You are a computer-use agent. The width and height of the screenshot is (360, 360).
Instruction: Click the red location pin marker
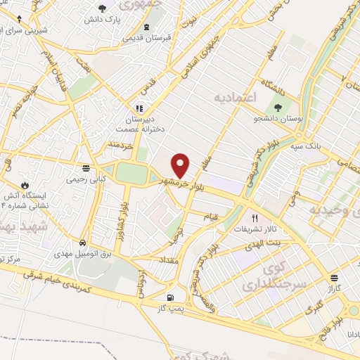181,166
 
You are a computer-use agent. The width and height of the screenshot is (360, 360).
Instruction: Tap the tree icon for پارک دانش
103,8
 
